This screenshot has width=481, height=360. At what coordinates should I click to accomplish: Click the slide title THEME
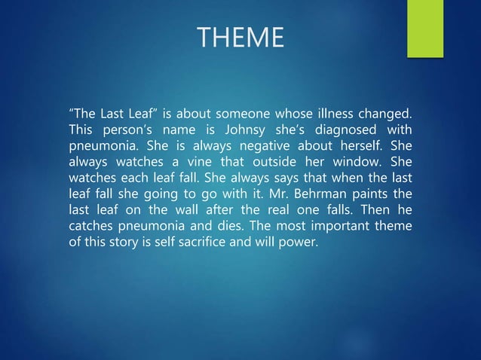(x=240, y=36)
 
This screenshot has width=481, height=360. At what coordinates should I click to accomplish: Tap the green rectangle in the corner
(x=424, y=28)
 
